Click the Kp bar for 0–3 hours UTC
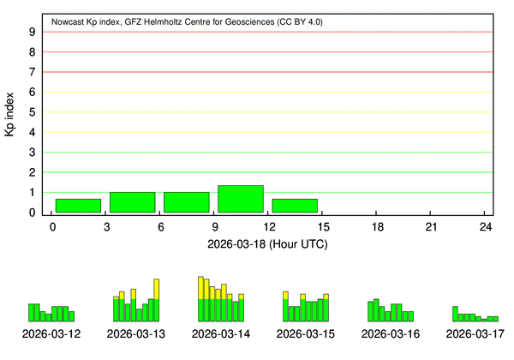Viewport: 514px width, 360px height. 78,206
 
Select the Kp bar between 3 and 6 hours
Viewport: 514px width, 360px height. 132,202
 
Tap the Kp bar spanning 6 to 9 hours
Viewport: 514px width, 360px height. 186,202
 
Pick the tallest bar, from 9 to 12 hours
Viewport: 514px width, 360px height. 241,199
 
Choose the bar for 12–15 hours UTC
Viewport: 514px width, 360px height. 295,206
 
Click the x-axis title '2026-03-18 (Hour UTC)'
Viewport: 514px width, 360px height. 268,243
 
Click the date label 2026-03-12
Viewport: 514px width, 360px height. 51,333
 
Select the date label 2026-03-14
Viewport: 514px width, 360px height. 221,333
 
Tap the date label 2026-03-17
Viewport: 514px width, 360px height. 475,333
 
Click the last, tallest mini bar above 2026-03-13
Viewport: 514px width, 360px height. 157,299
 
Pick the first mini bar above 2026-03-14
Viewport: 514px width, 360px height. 200,298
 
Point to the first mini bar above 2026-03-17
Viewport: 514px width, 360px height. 455,313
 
